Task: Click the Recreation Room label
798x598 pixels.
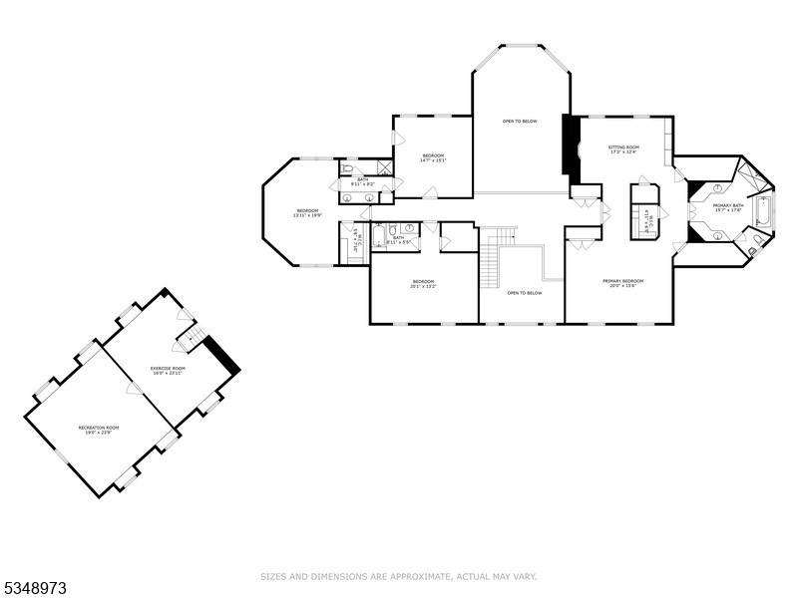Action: click(95, 430)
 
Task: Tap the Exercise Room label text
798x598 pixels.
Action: click(168, 371)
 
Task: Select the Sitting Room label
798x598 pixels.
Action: click(623, 149)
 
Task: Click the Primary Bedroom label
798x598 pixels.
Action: click(622, 283)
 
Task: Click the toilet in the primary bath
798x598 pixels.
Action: click(758, 240)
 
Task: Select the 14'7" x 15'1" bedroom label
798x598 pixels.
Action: click(433, 157)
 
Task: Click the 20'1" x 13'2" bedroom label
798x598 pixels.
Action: click(424, 284)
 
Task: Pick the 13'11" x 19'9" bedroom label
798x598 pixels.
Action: click(307, 213)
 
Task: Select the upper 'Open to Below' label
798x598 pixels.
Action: click(520, 121)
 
